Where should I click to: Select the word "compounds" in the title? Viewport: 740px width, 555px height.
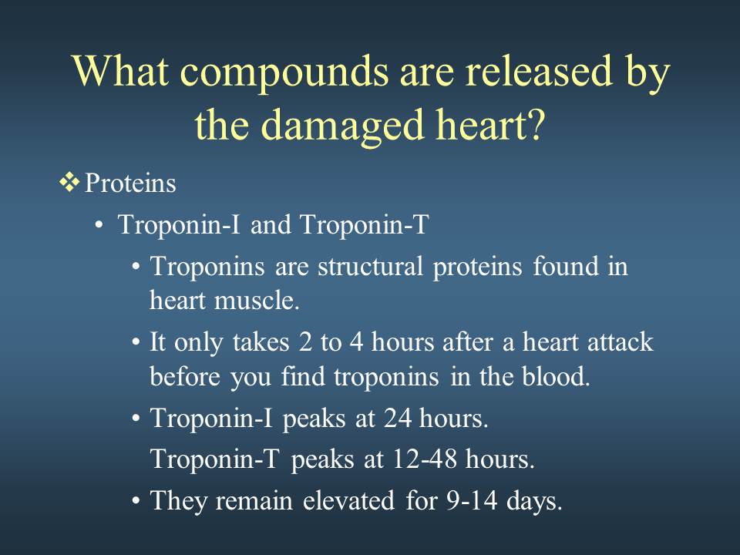[x=284, y=73]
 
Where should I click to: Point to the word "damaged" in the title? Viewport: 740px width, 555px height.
[x=342, y=125]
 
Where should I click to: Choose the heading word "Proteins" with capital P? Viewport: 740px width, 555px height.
[x=130, y=183]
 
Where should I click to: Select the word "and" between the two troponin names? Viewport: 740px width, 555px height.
[x=271, y=224]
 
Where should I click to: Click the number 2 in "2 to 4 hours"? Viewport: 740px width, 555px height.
[x=305, y=341]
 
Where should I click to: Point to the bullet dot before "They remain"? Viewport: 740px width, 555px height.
[x=136, y=500]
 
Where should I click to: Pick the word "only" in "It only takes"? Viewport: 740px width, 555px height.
[x=198, y=343]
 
